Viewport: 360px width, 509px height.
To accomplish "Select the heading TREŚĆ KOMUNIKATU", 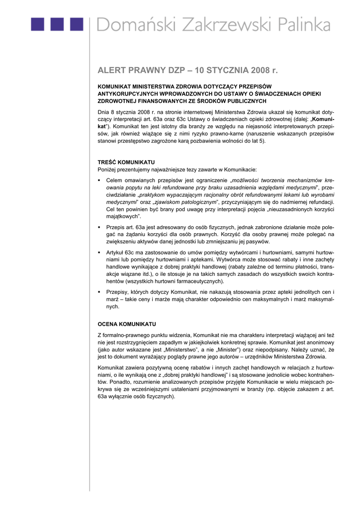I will (x=126, y=162).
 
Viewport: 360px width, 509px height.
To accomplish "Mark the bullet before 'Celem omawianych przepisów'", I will (x=99, y=179).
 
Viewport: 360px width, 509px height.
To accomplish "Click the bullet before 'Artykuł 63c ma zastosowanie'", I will (x=99, y=253).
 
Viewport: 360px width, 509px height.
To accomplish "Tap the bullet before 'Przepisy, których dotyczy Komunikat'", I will (x=99, y=292).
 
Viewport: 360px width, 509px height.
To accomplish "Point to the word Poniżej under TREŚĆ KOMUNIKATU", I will (x=108, y=170).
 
